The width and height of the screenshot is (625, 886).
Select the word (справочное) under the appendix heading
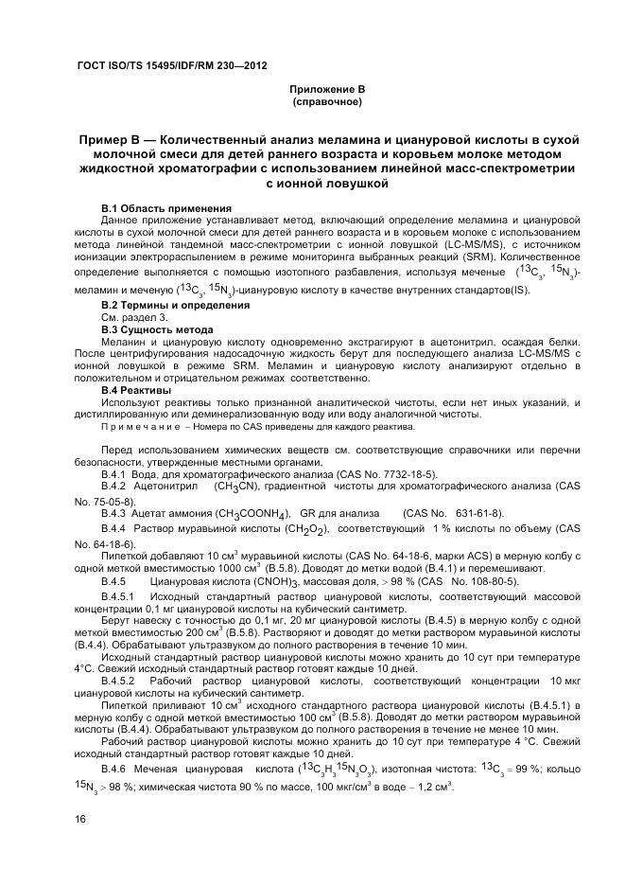327,100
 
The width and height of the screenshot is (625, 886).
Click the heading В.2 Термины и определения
175,305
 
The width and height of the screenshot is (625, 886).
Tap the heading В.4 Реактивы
136,390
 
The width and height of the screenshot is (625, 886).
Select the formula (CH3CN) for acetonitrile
239,486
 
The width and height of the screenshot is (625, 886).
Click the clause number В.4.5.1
119,595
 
